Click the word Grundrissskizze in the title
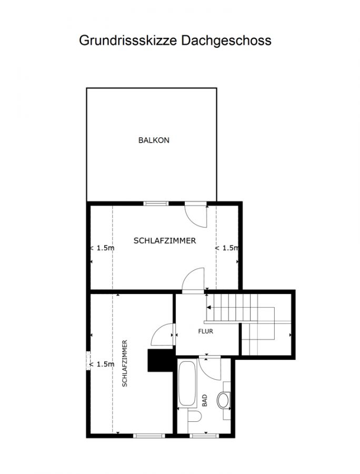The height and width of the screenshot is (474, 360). (x=128, y=41)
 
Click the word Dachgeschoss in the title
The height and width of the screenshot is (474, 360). (x=226, y=41)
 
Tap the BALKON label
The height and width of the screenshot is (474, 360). (x=154, y=140)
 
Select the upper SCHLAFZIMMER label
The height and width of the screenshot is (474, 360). (x=165, y=241)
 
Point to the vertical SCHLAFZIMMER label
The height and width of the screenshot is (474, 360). (x=125, y=363)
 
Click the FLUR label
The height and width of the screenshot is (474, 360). (x=206, y=331)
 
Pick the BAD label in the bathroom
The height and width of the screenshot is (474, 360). (x=204, y=400)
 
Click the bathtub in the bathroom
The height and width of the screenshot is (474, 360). (x=187, y=383)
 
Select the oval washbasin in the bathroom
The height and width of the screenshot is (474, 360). (x=223, y=400)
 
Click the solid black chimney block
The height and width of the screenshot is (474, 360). (x=160, y=360)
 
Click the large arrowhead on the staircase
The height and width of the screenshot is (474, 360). (x=209, y=308)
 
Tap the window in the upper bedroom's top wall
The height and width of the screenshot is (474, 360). (x=156, y=203)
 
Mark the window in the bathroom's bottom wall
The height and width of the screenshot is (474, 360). (x=204, y=436)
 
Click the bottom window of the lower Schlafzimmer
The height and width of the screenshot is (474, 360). (x=149, y=436)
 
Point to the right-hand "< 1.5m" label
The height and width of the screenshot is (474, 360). (x=227, y=248)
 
